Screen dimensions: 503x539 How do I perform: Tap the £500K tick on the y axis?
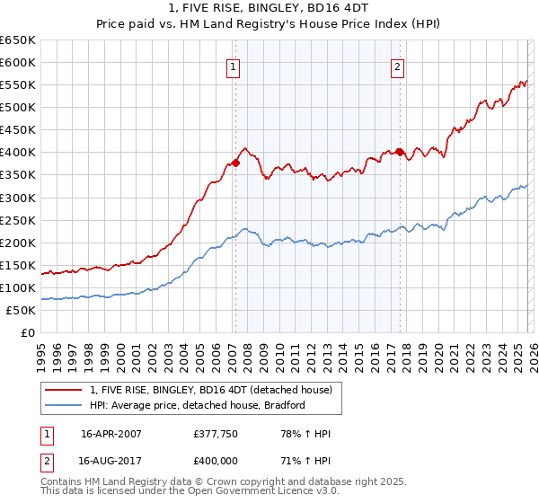(x=17, y=108)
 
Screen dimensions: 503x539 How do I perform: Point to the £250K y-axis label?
(x=17, y=220)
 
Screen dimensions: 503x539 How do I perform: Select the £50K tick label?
(x=21, y=310)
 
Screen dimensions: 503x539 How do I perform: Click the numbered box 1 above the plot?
(x=234, y=66)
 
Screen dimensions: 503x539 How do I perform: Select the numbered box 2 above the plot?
(x=397, y=66)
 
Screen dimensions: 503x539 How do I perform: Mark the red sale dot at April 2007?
(x=235, y=163)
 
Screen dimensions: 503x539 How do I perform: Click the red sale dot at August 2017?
(x=400, y=152)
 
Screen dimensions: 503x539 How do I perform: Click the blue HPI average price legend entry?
(x=198, y=405)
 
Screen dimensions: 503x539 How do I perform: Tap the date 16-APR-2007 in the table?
(x=111, y=434)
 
